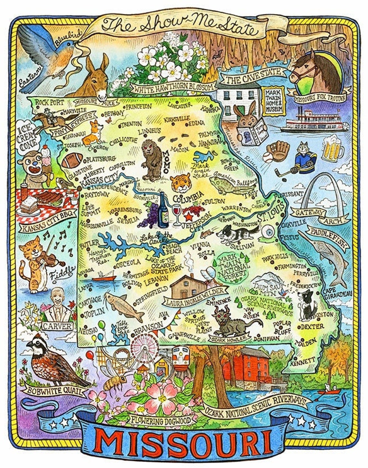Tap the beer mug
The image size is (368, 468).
(x=332, y=149)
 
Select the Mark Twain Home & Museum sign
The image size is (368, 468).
(x=273, y=100)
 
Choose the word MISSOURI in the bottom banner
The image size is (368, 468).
(x=184, y=442)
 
